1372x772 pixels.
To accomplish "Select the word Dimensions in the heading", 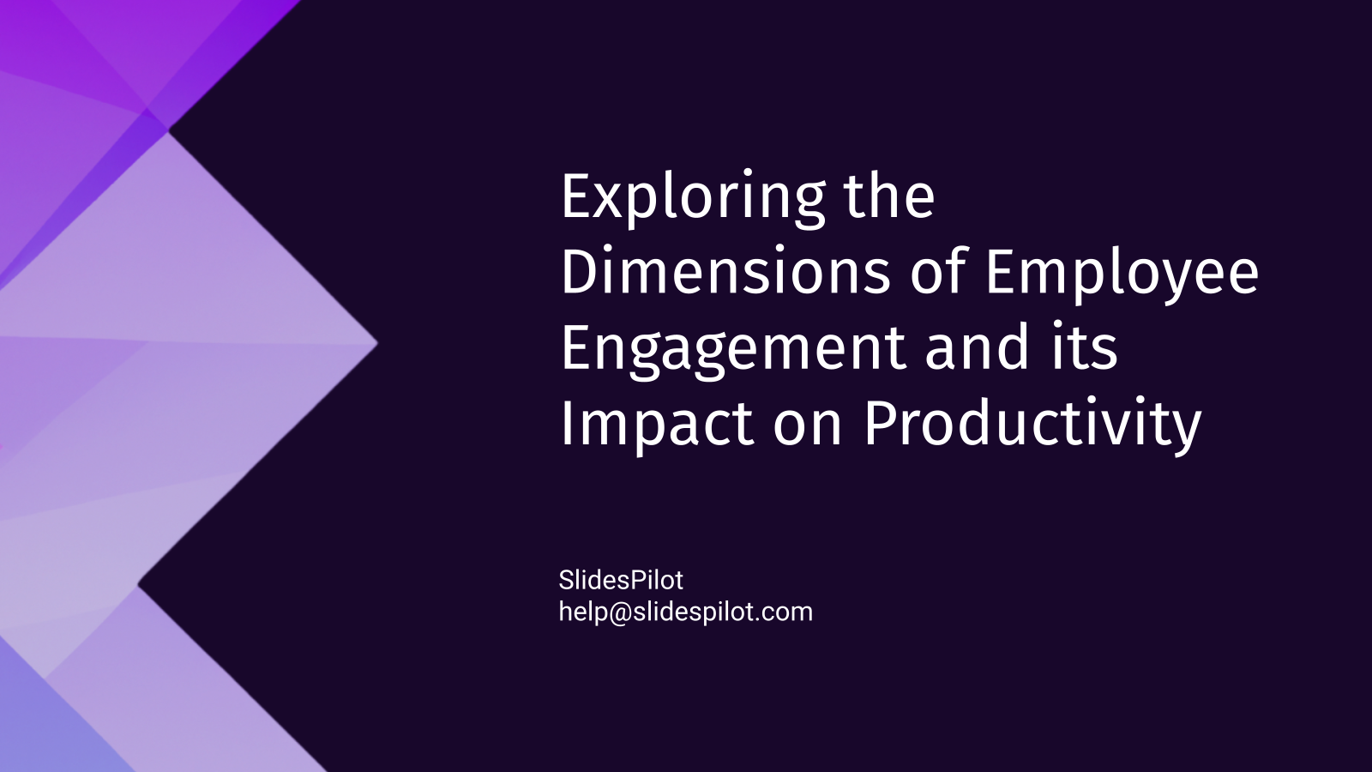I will point(725,272).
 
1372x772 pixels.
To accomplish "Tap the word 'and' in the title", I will point(978,347).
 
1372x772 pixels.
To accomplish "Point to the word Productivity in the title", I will point(1032,425).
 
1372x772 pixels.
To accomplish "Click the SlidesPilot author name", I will point(621,581).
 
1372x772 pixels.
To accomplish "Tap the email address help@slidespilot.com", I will point(685,612).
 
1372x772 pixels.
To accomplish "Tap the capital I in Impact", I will point(567,423).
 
